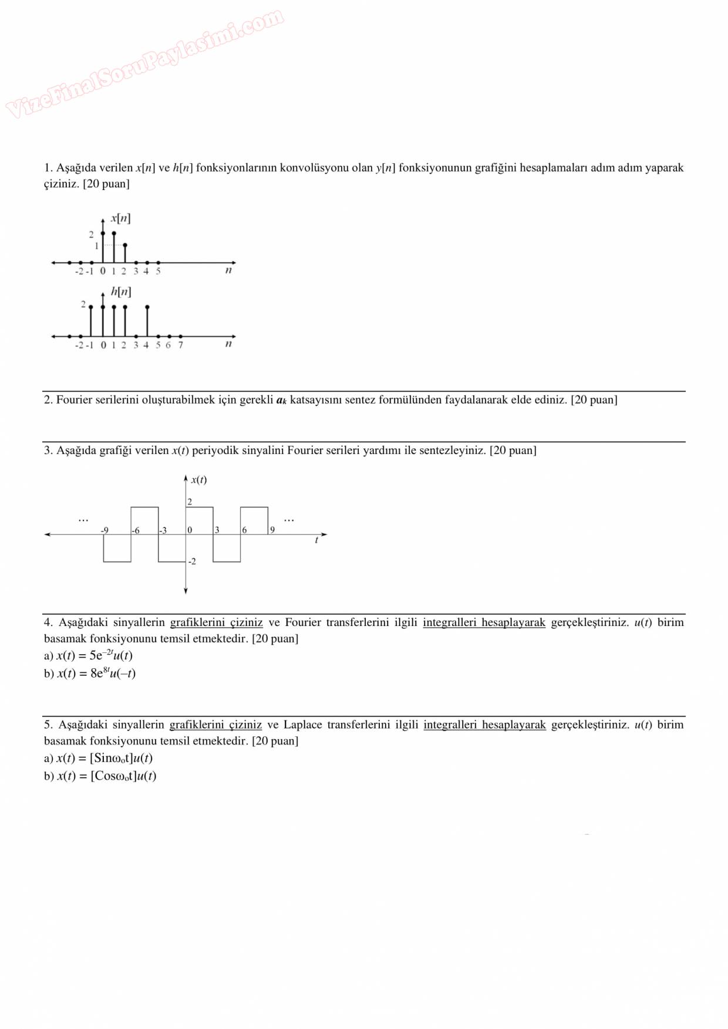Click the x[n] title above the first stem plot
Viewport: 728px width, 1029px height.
[x=120, y=218]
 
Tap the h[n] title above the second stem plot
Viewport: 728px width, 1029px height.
[x=121, y=292]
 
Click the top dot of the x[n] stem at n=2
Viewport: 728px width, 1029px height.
[x=125, y=245]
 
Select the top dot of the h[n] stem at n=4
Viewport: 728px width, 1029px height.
[x=147, y=307]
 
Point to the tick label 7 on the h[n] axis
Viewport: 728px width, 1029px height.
[x=180, y=346]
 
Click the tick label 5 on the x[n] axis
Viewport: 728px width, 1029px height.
[x=158, y=272]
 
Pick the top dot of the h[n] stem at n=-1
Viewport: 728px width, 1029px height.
[x=91, y=307]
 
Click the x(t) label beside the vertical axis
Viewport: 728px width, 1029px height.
[x=198, y=480]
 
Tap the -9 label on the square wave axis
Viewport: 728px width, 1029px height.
[x=105, y=530]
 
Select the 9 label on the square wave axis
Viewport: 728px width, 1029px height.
[x=272, y=530]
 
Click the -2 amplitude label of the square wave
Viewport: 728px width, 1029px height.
[x=191, y=562]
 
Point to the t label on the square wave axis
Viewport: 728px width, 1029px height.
[x=316, y=540]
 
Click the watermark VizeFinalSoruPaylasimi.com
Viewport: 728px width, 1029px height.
[x=144, y=63]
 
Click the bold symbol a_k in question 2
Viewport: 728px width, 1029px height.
[x=281, y=400]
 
